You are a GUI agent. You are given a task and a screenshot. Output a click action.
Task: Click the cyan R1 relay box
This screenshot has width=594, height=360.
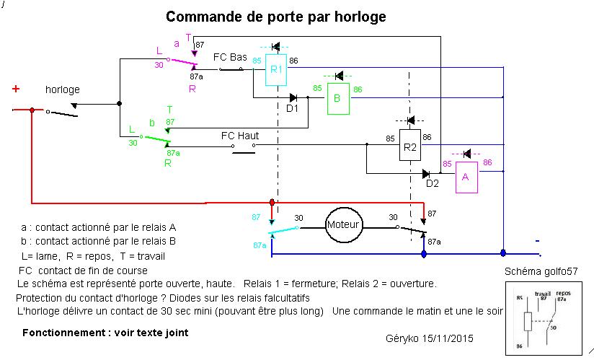(x=275, y=70)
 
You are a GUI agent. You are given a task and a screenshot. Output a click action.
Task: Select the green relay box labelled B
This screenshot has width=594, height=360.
(x=337, y=99)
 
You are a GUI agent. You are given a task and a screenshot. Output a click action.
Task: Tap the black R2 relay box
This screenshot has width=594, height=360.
(x=409, y=147)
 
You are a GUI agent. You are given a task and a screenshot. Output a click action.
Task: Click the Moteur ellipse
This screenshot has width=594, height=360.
(x=343, y=224)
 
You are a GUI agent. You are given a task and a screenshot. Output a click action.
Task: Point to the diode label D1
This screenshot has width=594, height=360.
(x=292, y=109)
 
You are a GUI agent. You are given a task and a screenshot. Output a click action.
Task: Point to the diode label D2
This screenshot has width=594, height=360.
(x=432, y=184)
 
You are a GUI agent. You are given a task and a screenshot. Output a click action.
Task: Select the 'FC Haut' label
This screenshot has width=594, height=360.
(x=240, y=135)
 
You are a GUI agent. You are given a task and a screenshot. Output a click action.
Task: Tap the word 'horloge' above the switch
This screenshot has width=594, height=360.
(x=63, y=90)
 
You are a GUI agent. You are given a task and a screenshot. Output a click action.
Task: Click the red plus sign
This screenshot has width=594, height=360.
(x=15, y=89)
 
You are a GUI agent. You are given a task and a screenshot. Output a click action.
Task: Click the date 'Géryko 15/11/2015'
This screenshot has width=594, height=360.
(x=430, y=338)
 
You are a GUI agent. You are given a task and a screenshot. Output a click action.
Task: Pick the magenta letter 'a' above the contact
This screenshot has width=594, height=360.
(x=177, y=43)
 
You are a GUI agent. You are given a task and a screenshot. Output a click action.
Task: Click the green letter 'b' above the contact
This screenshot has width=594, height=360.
(x=152, y=123)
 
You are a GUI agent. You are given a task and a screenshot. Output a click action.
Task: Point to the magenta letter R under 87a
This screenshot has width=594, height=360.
(x=192, y=88)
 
